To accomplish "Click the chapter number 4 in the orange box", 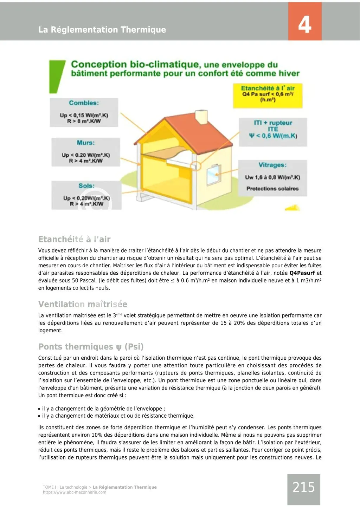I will pos(304,25).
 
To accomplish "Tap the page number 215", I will pos(303,487).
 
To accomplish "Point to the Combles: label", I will pos(84,103).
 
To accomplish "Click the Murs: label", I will pos(85,143).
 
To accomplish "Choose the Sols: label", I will pos(86,185).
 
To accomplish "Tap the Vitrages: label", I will pos(272,165).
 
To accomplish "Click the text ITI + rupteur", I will pos(273,123).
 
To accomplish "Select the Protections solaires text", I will pos(272,189).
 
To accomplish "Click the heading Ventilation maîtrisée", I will pos(83,304).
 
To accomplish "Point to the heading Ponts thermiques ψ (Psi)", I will pos(91,347).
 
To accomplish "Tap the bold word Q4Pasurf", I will pos(302,273).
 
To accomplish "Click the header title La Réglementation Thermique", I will pos(102,30).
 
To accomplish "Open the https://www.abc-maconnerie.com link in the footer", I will pos(75,492).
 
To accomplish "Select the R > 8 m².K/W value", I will pos(84,121).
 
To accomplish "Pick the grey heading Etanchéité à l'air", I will pos(74,239).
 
